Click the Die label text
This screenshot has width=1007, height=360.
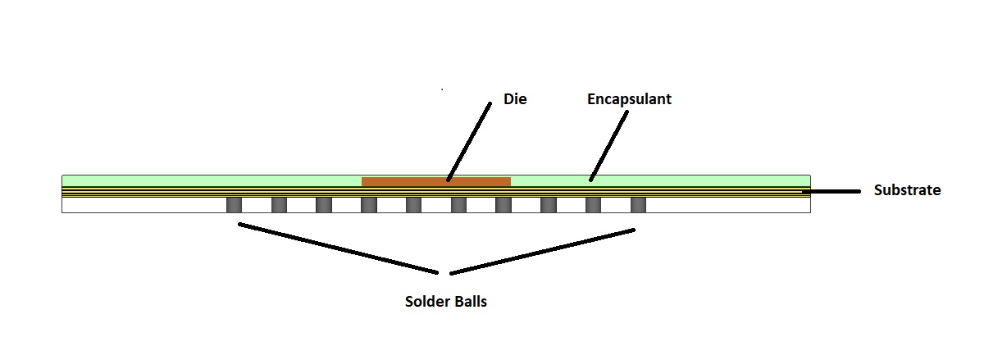515,99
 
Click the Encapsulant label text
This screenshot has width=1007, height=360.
629,99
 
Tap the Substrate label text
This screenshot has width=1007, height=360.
907,190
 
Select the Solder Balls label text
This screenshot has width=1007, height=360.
446,301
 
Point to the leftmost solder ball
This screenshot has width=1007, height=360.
235,204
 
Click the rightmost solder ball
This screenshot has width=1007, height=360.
638,204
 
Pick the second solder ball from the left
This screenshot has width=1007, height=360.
279,204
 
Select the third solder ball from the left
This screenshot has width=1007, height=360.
324,204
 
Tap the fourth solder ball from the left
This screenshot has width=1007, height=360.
369,204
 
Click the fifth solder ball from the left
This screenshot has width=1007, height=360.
414,204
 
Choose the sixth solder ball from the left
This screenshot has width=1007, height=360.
458,204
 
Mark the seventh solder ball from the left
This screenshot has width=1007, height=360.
503,204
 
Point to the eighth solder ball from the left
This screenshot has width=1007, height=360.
549,204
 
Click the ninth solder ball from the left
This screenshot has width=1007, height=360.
593,204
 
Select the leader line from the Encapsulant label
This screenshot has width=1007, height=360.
608,144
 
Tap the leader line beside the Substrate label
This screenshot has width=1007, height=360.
832,191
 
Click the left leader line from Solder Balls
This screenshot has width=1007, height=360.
338,248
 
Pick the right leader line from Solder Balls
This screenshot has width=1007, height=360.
543,251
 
